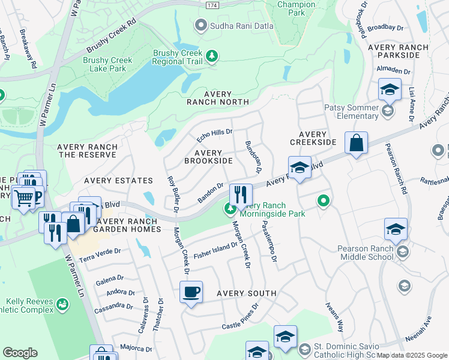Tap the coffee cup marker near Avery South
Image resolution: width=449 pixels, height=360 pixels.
pos(191,292)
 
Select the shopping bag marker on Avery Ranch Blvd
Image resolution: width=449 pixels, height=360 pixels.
pos(356,143)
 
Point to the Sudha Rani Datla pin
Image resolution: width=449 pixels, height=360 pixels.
pos(200,25)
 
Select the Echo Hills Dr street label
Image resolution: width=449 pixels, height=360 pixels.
pos(214,135)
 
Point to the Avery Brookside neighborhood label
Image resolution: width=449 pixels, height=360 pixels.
pos(208,157)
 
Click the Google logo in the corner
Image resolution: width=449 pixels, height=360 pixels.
pos(20,353)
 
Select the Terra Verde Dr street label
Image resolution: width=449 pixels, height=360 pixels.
pos(100,256)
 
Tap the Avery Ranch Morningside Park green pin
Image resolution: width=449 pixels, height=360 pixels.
pos(229,209)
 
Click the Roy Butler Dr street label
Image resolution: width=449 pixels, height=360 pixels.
pos(172,194)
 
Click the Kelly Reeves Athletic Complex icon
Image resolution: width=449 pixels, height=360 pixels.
pos(62,305)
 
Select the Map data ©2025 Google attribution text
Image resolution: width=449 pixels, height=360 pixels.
pos(412,355)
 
